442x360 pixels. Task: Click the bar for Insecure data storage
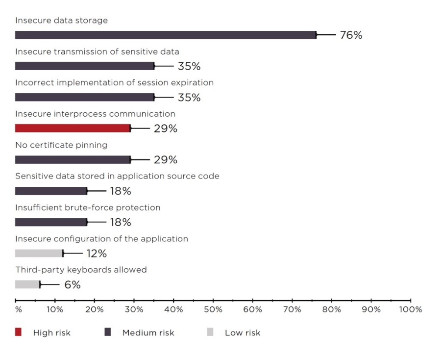tap(166, 35)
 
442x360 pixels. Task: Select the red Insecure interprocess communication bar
tap(73, 129)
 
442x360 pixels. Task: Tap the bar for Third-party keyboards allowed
tap(27, 284)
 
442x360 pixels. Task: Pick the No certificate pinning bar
tap(73, 159)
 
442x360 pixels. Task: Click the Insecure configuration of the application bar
tap(39, 253)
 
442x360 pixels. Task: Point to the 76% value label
tap(351, 35)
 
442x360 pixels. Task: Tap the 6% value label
tap(73, 285)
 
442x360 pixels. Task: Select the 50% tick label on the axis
tap(213, 310)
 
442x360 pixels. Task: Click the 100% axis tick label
tap(411, 310)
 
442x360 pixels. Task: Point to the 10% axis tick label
tap(55, 310)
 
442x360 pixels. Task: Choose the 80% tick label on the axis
tap(332, 310)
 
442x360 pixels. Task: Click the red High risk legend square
tap(18, 333)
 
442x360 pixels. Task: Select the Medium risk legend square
tap(108, 333)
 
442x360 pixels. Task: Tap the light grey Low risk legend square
tap(210, 333)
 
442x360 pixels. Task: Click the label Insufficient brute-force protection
tap(88, 207)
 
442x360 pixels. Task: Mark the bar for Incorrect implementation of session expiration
tap(84, 97)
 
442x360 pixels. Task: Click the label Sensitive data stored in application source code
tap(117, 176)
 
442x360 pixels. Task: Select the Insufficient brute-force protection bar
tap(51, 222)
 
